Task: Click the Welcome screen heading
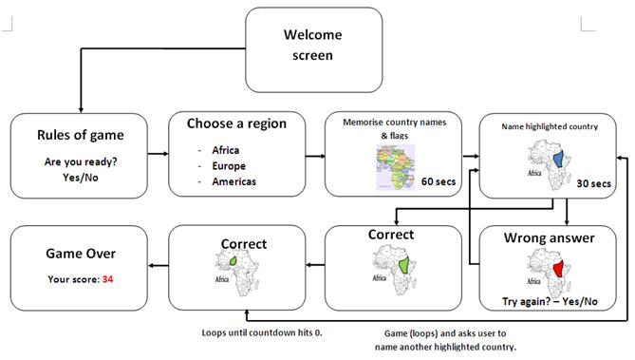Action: [x=313, y=45]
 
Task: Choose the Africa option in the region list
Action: [x=226, y=149]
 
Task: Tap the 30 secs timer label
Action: [x=594, y=185]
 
